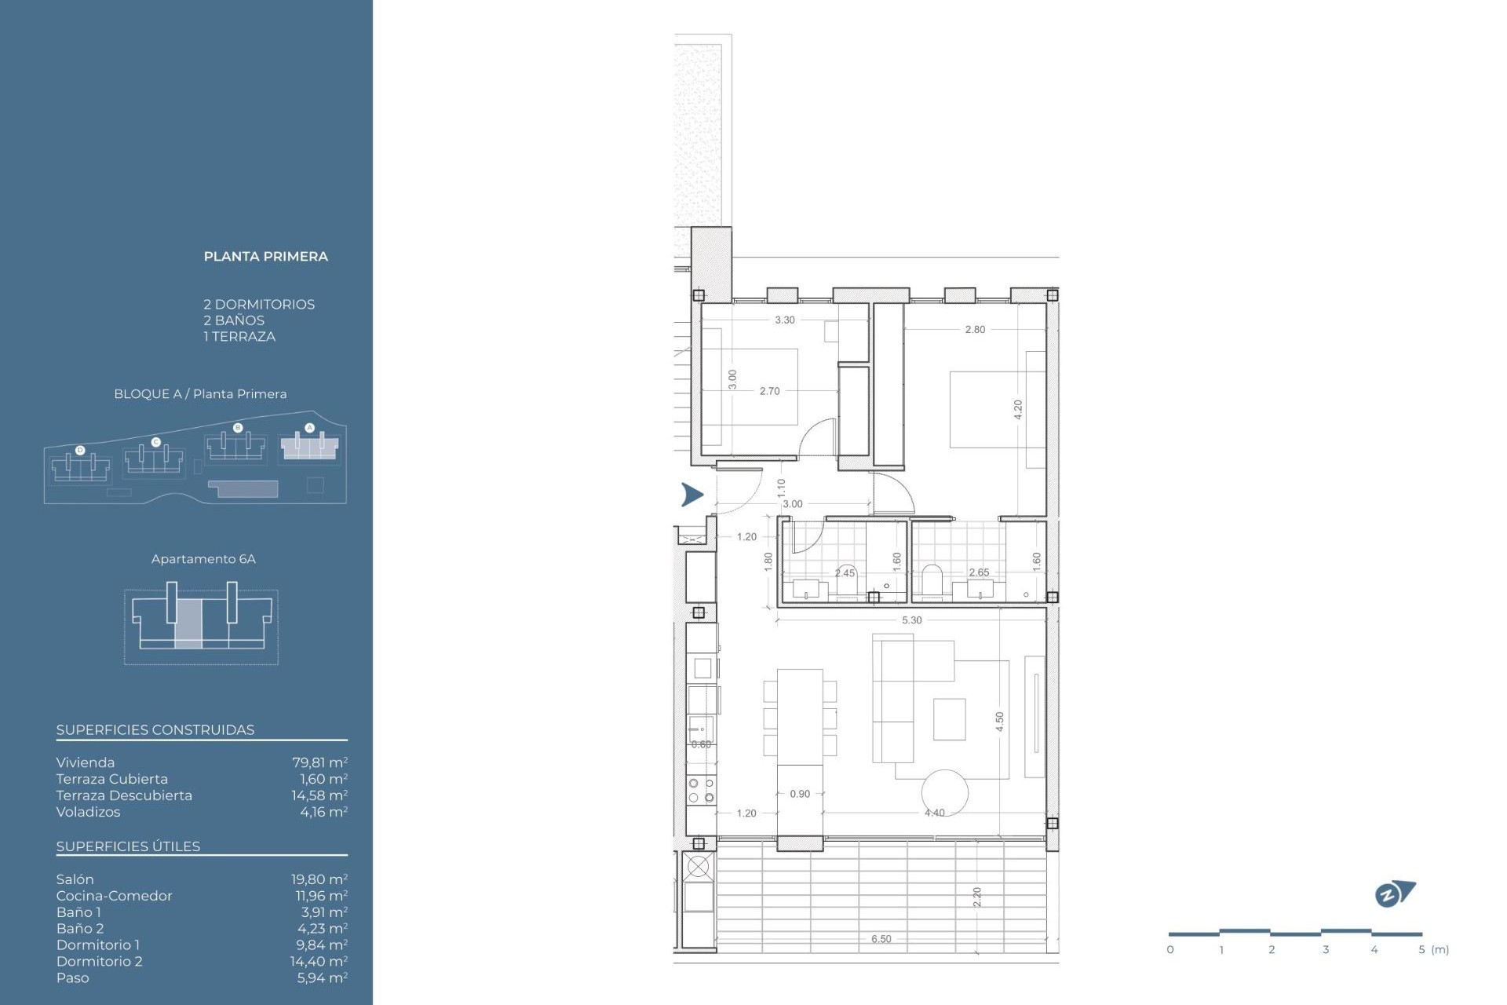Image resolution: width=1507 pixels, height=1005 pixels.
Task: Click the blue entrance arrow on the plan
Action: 691,495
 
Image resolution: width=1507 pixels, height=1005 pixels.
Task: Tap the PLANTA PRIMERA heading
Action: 265,257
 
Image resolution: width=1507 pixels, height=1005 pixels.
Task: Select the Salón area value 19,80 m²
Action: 319,879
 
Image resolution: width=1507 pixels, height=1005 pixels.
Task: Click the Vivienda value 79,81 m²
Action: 319,762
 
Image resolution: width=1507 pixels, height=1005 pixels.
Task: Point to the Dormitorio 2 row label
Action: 99,961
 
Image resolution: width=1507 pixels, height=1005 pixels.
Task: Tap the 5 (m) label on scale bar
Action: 1433,949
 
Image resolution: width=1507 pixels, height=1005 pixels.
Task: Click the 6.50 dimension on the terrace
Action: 881,939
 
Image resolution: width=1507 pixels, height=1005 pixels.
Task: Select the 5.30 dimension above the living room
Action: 911,620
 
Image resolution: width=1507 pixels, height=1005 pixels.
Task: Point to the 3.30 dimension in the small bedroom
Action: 784,320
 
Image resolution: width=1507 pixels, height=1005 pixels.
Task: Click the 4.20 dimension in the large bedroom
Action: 1018,409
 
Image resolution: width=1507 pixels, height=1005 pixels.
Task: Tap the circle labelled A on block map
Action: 309,428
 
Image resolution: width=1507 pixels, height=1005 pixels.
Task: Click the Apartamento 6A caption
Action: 203,559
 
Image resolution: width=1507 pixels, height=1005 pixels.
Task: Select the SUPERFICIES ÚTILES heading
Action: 128,846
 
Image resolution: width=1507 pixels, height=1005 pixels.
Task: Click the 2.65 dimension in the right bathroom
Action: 979,572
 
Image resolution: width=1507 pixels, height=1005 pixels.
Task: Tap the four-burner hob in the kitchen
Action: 701,790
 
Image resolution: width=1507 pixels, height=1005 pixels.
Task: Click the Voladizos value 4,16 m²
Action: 323,812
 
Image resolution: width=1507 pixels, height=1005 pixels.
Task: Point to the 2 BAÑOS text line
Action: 234,320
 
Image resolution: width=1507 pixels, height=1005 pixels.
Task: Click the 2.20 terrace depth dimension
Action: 976,897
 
